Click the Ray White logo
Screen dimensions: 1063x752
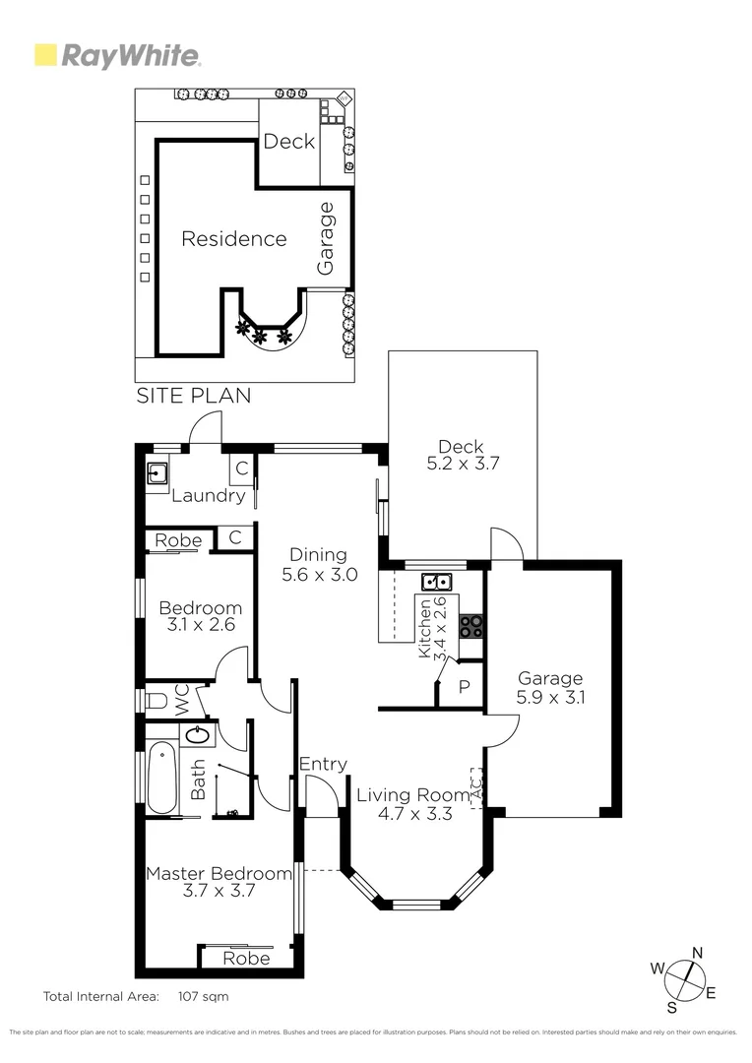[118, 56]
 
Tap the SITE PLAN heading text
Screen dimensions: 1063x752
[193, 396]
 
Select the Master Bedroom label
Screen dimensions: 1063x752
[219, 873]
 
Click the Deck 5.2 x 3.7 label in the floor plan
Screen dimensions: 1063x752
[461, 455]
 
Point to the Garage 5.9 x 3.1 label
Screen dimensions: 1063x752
[550, 687]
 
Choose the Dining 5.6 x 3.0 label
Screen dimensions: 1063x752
[318, 563]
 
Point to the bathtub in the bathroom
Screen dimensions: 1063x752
[160, 779]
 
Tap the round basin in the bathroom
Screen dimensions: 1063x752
[198, 734]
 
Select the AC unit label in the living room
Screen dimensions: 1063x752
[476, 788]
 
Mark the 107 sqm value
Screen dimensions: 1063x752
[202, 996]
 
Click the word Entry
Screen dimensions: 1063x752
[323, 764]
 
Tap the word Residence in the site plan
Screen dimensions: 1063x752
[234, 239]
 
